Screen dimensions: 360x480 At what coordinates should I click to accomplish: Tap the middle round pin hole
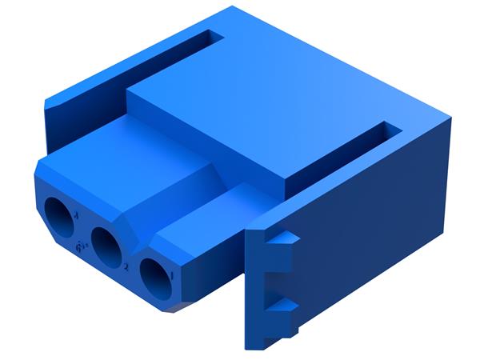point(106,246)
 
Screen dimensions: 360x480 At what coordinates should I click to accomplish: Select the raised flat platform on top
point(264,112)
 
